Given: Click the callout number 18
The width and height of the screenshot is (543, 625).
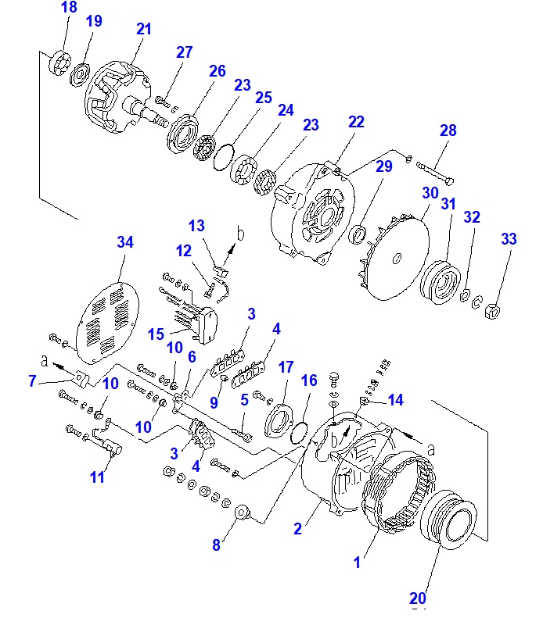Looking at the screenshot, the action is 69,7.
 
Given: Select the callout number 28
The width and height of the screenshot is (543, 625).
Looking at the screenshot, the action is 448,130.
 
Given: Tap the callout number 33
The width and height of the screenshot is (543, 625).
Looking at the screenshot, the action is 509,239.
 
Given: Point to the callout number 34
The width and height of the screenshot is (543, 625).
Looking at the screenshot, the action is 125,242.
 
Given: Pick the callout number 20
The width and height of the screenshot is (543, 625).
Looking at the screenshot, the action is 418,598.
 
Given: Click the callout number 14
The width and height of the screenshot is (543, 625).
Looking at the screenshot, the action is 395,400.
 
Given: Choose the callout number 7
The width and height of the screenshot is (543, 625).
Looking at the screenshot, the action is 32,381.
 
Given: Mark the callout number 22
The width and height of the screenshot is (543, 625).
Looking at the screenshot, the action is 356,122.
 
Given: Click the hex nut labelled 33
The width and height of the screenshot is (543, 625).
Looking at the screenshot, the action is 492,311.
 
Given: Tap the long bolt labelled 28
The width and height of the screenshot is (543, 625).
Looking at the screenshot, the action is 435,173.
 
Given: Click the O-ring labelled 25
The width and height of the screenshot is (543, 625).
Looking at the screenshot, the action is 224,157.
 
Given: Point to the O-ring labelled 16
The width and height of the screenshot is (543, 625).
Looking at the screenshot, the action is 299,433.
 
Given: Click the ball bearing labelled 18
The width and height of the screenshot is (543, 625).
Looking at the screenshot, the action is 60,62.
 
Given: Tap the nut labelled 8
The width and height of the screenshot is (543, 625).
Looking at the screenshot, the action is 242,512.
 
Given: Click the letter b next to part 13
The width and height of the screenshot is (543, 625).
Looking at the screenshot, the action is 240,234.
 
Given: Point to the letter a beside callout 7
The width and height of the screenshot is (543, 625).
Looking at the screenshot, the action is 45,361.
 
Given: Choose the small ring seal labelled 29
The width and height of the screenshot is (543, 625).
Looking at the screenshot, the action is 358,235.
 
